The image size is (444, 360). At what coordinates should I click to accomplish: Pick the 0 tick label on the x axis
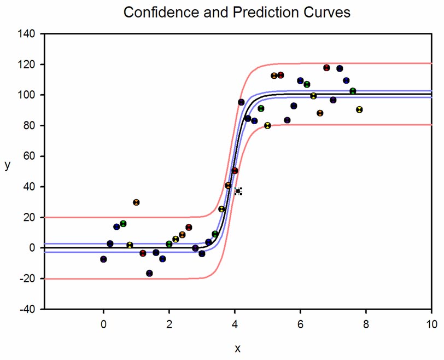click(103, 324)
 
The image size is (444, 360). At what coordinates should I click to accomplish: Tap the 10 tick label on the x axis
click(431, 324)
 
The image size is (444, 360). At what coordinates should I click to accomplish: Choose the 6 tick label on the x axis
click(300, 324)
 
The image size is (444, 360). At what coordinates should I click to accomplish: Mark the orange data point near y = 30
click(136, 202)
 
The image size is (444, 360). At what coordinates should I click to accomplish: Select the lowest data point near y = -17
click(149, 273)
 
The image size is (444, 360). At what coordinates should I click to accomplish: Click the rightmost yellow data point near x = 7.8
click(359, 109)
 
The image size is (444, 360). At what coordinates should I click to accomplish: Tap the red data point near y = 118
click(326, 68)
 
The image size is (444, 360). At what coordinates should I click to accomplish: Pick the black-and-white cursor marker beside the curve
click(238, 191)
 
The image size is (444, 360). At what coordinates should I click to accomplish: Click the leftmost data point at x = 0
click(103, 259)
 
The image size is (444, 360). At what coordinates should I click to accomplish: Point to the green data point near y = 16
click(123, 224)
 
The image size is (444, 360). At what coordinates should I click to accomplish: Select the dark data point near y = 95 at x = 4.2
click(241, 102)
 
